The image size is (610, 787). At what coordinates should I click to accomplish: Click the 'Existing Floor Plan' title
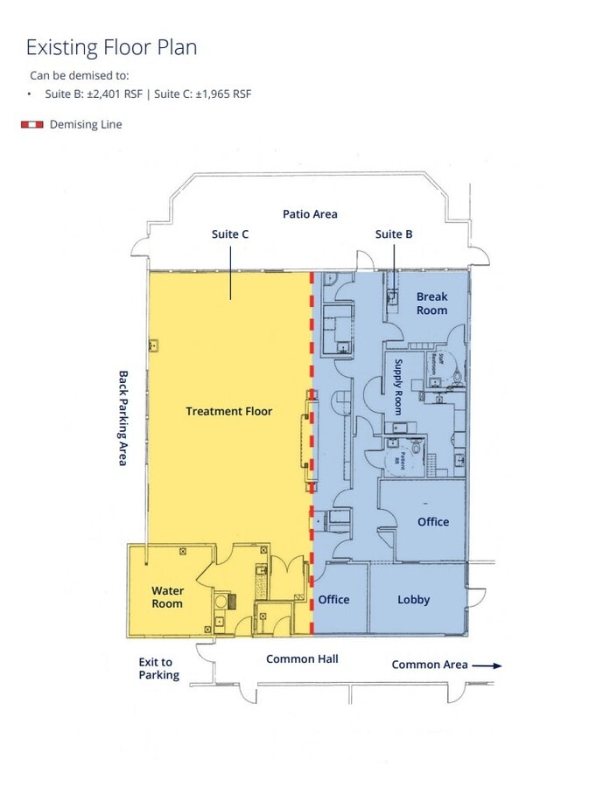click(x=111, y=47)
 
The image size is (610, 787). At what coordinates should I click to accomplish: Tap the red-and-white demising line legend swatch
click(x=32, y=125)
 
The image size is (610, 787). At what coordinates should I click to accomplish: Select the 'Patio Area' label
click(x=310, y=214)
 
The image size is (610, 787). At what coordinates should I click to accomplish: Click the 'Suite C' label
click(x=230, y=234)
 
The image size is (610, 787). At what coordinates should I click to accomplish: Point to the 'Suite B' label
click(x=394, y=234)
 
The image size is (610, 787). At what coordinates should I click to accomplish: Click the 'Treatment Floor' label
click(x=229, y=411)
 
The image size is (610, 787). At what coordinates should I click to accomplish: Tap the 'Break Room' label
click(x=431, y=303)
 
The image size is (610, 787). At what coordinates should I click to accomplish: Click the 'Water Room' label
click(x=167, y=597)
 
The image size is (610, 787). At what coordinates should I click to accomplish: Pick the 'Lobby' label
click(x=414, y=600)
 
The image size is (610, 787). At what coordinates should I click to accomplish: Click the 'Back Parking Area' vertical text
click(x=123, y=417)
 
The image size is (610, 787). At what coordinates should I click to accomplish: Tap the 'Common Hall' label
click(x=302, y=658)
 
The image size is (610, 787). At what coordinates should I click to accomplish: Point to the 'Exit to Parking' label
click(x=158, y=669)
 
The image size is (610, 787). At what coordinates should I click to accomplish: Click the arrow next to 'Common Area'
click(x=487, y=665)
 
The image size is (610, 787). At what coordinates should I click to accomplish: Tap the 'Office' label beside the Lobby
click(x=333, y=600)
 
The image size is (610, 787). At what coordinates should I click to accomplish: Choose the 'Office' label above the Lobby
click(x=433, y=522)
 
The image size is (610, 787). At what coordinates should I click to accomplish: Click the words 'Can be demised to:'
click(x=79, y=75)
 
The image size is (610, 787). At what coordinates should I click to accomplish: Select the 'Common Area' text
click(x=430, y=665)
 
